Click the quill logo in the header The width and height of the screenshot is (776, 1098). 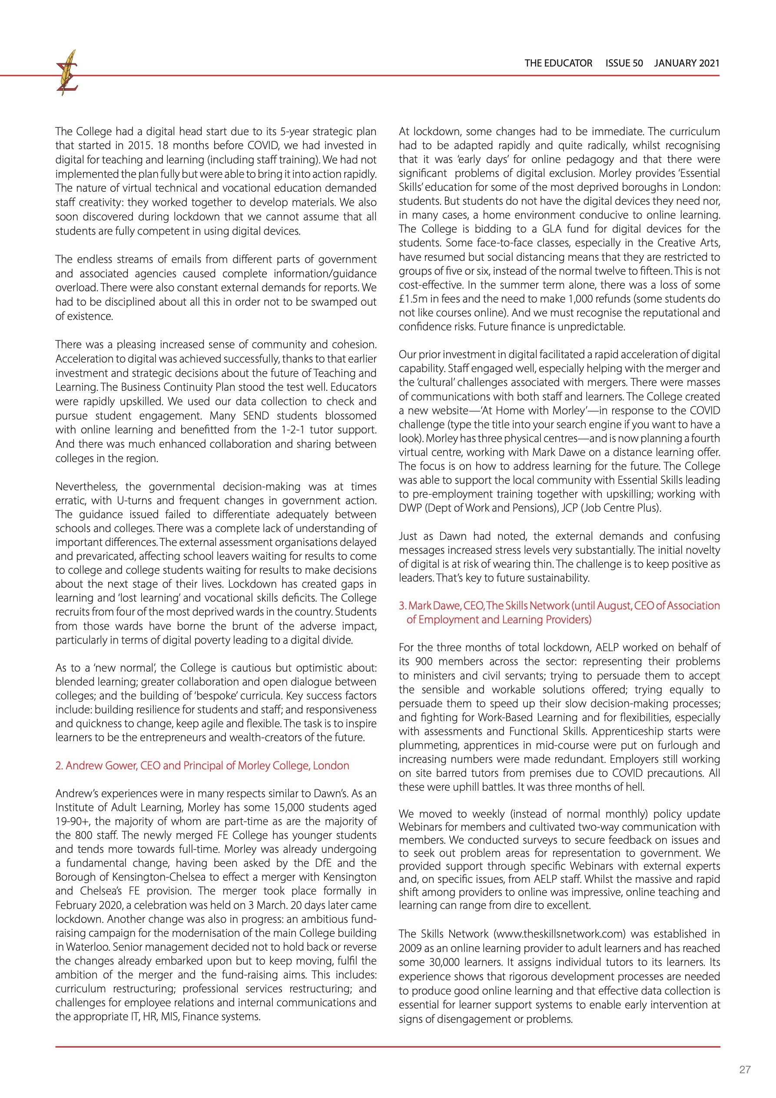pyautogui.click(x=67, y=72)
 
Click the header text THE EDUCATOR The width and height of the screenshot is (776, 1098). pyautogui.click(x=558, y=63)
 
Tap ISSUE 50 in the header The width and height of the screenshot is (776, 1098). pyautogui.click(x=624, y=63)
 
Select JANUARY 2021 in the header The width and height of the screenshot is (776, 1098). pyautogui.click(x=686, y=63)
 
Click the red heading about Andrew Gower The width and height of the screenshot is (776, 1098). pyautogui.click(x=202, y=765)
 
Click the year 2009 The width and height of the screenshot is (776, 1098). pyautogui.click(x=410, y=948)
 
